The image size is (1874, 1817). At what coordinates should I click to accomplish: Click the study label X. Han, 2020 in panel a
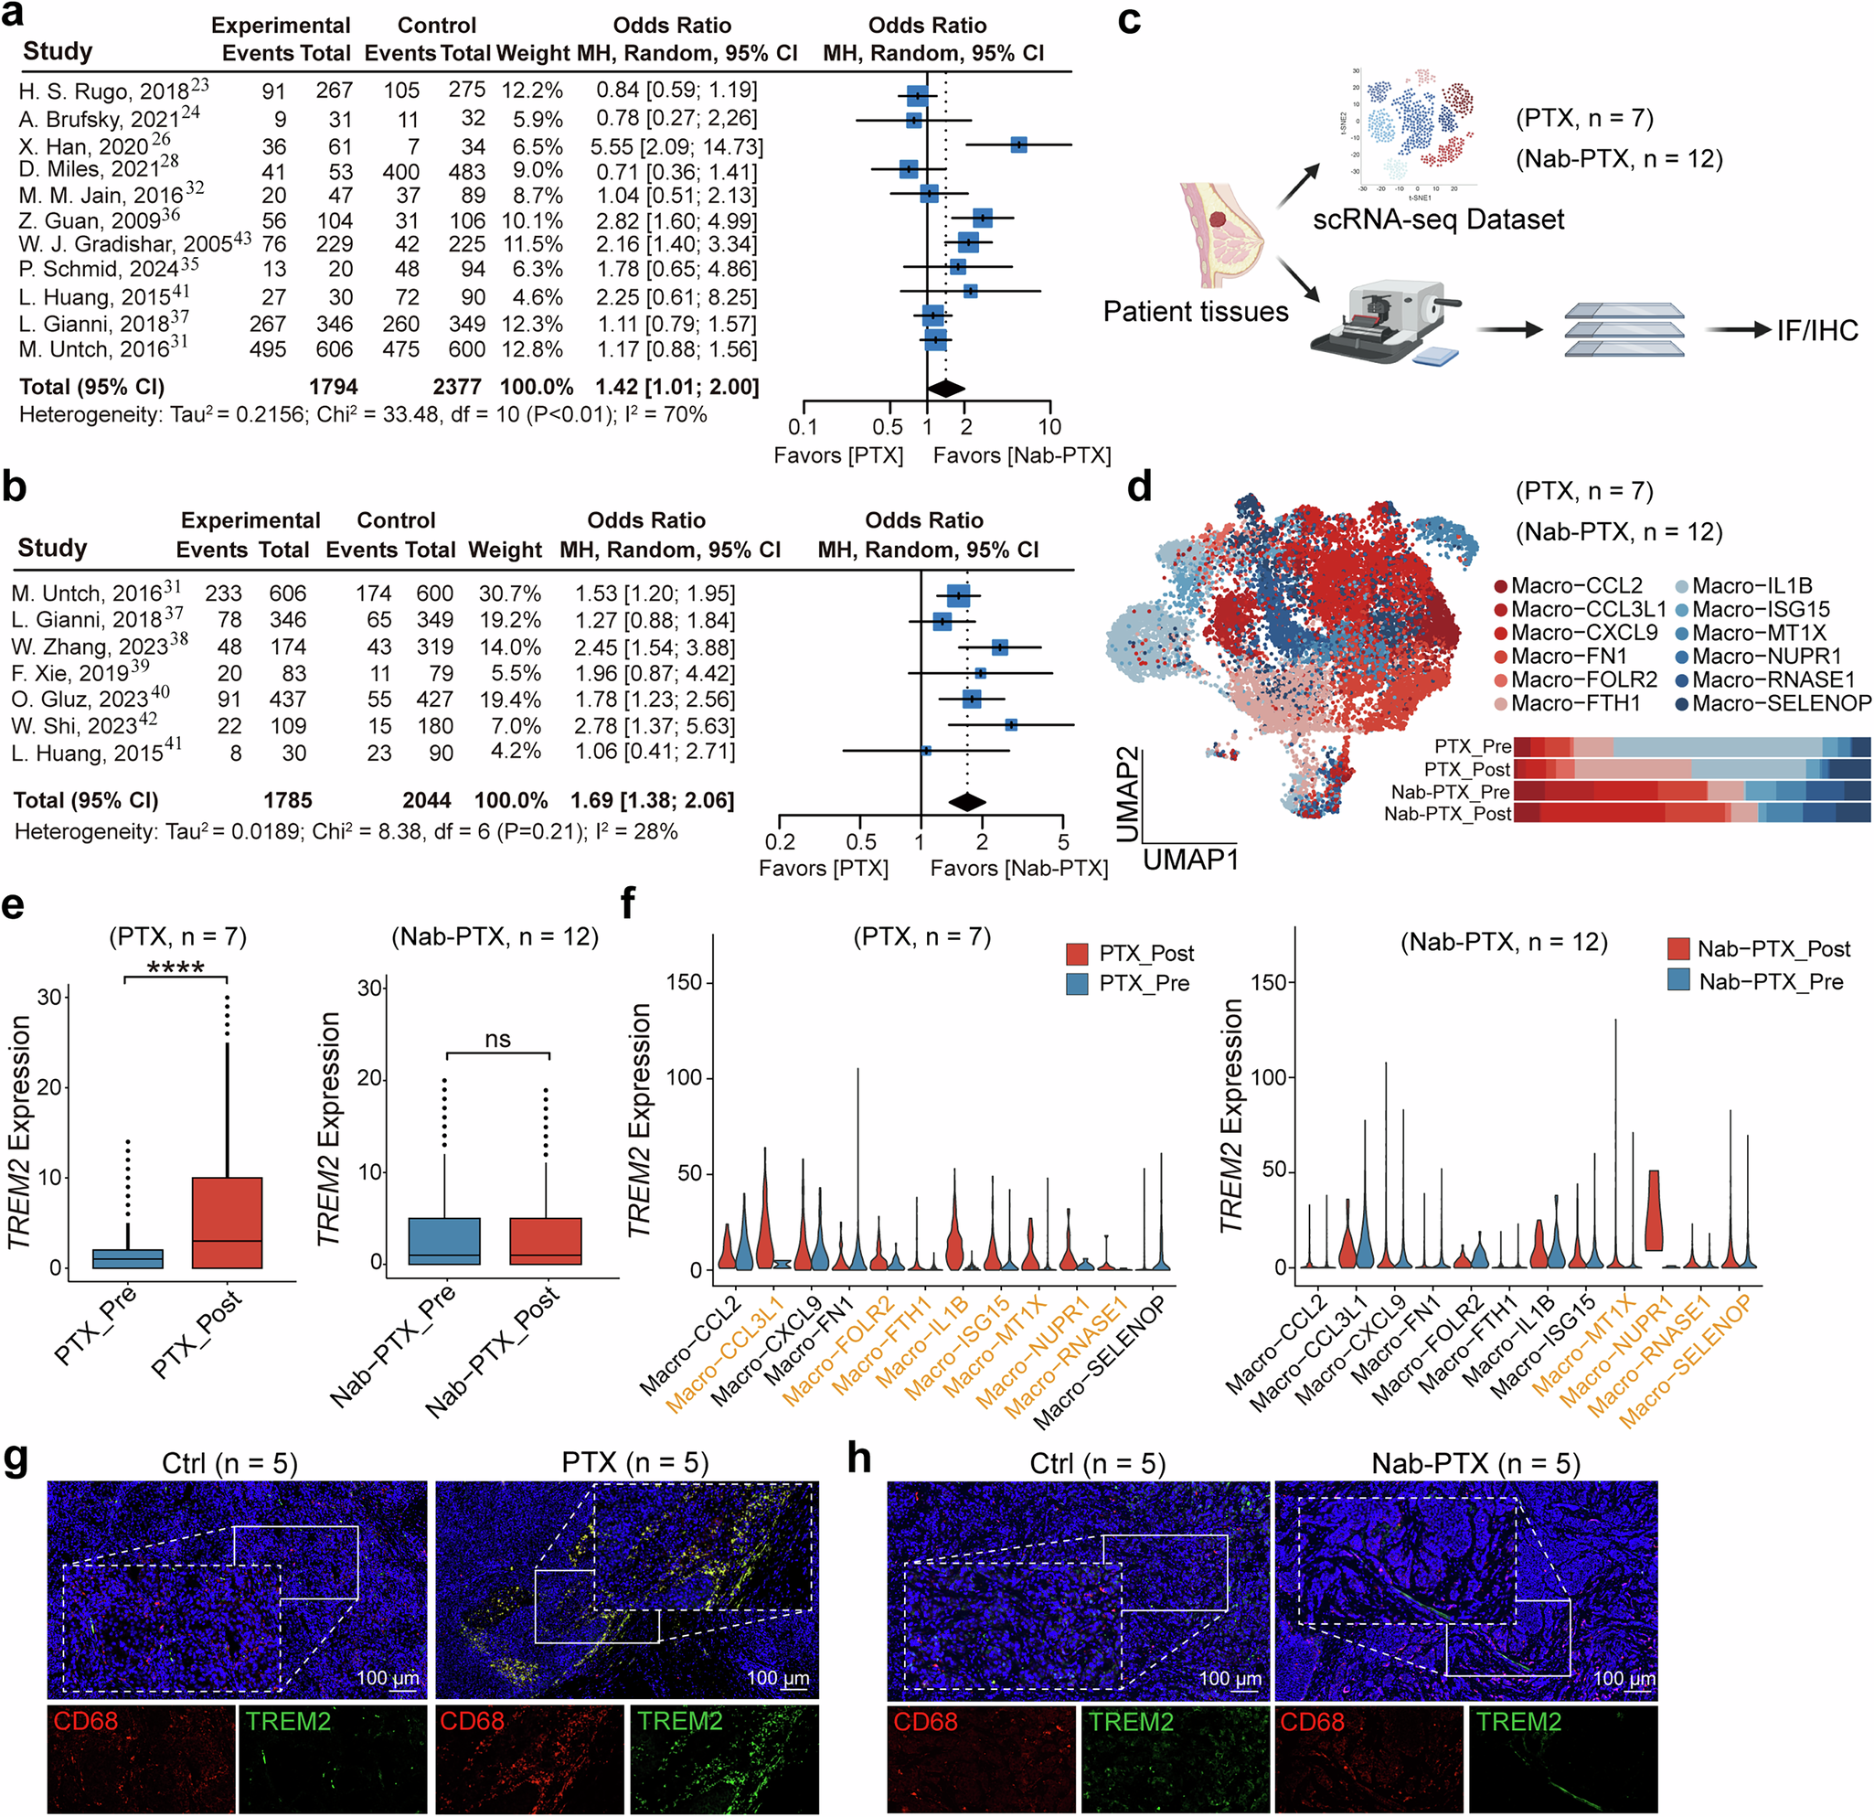84,146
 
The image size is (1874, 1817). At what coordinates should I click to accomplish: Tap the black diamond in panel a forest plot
946,389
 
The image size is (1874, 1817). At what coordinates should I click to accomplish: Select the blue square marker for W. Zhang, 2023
1000,647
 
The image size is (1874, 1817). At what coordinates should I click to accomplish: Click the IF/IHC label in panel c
1817,331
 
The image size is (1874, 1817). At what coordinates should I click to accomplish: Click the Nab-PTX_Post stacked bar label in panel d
1448,814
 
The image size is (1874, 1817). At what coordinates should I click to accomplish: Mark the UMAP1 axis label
1190,860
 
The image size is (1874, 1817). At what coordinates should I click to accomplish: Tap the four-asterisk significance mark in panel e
175,967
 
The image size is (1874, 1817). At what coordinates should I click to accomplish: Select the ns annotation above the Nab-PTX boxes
497,1040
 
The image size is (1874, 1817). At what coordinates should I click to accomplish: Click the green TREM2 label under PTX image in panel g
680,1721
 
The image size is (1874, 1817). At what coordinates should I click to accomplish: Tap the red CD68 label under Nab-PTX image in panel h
1312,1722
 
